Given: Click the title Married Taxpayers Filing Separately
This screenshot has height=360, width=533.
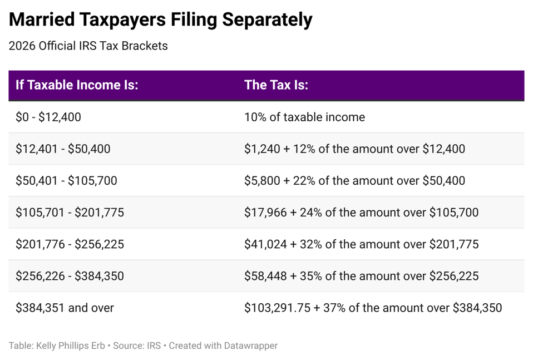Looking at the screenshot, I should point(160,21).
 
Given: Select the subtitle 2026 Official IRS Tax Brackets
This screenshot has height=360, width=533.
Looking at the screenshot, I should point(88,46).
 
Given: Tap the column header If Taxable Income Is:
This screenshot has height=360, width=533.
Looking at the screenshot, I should point(77,85).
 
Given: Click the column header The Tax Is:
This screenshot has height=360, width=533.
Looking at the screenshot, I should point(276,85).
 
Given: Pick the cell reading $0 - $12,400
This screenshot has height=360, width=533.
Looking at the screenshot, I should point(48,117).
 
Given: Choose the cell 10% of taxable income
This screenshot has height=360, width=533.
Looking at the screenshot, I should point(304,117).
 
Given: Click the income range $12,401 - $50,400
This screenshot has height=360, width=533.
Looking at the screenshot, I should point(63,149).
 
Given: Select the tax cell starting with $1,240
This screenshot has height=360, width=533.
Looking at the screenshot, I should point(354,149).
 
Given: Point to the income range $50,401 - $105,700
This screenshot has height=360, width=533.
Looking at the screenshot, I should point(66,181).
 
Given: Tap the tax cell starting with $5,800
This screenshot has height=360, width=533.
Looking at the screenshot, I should point(354,181).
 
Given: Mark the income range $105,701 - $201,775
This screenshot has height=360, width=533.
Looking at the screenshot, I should point(70,213).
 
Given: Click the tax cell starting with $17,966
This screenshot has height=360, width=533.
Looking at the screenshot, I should point(361,213).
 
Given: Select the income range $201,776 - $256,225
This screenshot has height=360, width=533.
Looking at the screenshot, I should point(70,244).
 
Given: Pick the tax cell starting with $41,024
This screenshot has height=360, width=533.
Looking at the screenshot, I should point(361,244).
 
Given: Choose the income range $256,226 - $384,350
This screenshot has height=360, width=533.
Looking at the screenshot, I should point(70,276).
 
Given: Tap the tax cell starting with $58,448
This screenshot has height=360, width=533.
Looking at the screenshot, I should point(361,276).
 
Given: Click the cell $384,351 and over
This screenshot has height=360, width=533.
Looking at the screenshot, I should point(65,308).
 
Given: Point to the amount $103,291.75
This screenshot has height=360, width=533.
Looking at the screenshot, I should point(277,308).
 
